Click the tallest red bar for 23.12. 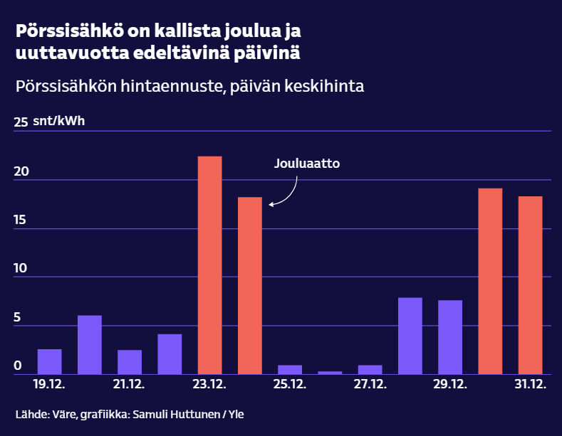pyautogui.click(x=209, y=265)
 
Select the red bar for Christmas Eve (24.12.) pyautogui.click(x=249, y=285)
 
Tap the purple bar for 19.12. pyautogui.click(x=49, y=361)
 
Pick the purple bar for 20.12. pyautogui.click(x=89, y=344)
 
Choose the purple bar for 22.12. pyautogui.click(x=170, y=353)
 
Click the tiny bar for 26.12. pyautogui.click(x=330, y=372)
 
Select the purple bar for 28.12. pyautogui.click(x=410, y=336)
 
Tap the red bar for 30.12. pyautogui.click(x=490, y=281)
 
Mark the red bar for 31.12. pyautogui.click(x=530, y=285)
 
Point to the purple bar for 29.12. pyautogui.click(x=450, y=337)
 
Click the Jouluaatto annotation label pyautogui.click(x=307, y=164)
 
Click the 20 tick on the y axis pyautogui.click(x=22, y=172)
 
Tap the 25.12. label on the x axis pyautogui.click(x=290, y=385)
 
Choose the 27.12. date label pyautogui.click(x=370, y=385)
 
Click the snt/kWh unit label pyautogui.click(x=58, y=121)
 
